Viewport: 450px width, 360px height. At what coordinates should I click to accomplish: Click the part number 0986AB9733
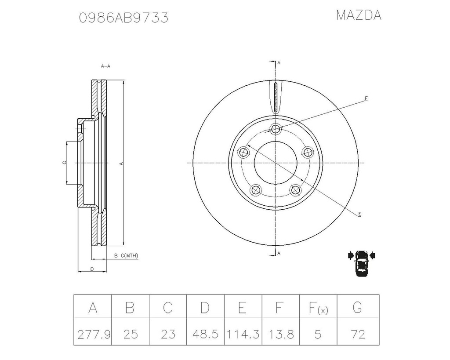[123, 18]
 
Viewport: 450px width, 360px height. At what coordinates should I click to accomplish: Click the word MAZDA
[359, 15]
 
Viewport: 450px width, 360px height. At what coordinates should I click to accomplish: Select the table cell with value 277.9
[93, 335]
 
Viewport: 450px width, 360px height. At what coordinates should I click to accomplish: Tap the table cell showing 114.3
[242, 335]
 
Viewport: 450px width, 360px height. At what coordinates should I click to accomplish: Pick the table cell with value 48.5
[205, 335]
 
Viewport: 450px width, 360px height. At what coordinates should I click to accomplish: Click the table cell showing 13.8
[280, 335]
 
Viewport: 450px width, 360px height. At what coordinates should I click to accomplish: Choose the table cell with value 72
[358, 335]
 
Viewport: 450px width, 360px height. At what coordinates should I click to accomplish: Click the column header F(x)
[318, 309]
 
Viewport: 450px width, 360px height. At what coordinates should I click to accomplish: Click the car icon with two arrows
[361, 262]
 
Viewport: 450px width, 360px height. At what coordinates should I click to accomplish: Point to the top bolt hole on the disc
[276, 129]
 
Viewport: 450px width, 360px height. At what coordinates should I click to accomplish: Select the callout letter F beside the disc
[366, 98]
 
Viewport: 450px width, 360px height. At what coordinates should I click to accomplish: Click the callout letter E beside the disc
[359, 214]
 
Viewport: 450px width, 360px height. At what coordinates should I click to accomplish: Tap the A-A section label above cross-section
[105, 66]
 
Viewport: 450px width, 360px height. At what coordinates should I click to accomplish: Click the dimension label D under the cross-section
[92, 269]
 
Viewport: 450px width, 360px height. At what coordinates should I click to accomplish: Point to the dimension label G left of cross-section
[64, 163]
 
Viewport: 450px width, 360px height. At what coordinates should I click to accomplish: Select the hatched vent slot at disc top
[275, 97]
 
